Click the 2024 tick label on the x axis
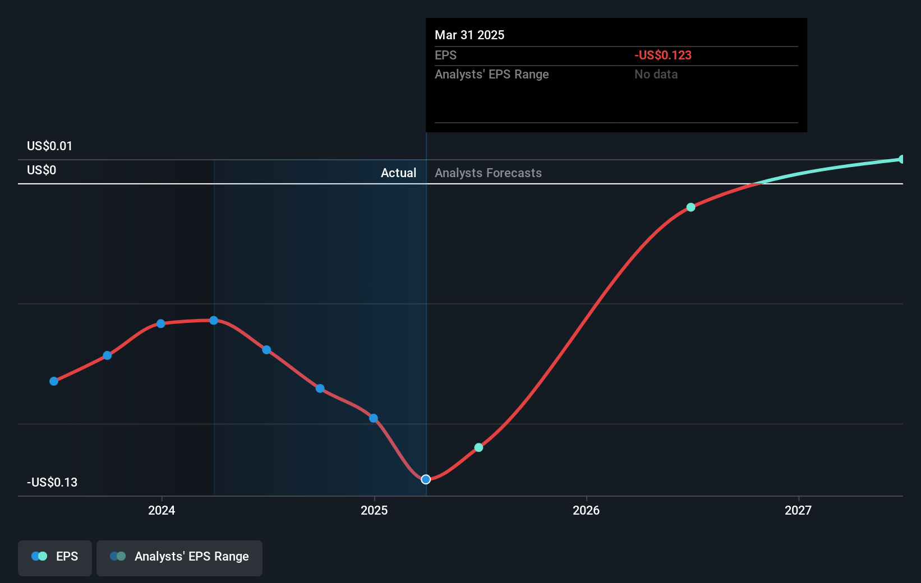162,510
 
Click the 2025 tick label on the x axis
374,510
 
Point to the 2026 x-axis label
586,510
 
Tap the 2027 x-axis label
798,510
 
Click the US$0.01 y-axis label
49,146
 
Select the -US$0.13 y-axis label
52,483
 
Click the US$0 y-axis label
42,170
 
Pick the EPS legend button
55,557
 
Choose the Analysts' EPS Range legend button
179,557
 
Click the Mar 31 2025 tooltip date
469,35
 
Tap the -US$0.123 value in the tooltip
663,55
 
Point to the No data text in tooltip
656,75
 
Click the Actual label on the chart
398,173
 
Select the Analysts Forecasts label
488,173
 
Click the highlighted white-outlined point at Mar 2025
426,479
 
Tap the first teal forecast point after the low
478,447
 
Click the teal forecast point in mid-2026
691,207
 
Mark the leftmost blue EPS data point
54,381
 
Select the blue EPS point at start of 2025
374,418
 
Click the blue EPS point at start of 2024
161,323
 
